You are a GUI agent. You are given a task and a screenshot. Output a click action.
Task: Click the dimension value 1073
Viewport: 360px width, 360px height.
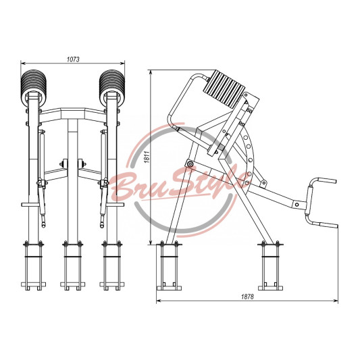coord(73,59)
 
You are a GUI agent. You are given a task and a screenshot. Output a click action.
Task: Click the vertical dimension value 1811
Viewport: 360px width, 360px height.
coord(147,157)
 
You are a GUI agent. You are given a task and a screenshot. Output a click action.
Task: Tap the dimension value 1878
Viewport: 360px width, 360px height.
coord(247,297)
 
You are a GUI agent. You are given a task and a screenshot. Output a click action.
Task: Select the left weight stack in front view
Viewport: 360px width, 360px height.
coord(34,85)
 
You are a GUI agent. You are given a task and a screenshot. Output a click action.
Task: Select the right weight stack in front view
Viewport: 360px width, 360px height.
coord(112,85)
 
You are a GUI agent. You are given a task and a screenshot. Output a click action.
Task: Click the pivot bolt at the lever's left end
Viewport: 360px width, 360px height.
coord(190,163)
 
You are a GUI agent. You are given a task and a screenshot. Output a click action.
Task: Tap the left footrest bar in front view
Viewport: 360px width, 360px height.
coord(30,205)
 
